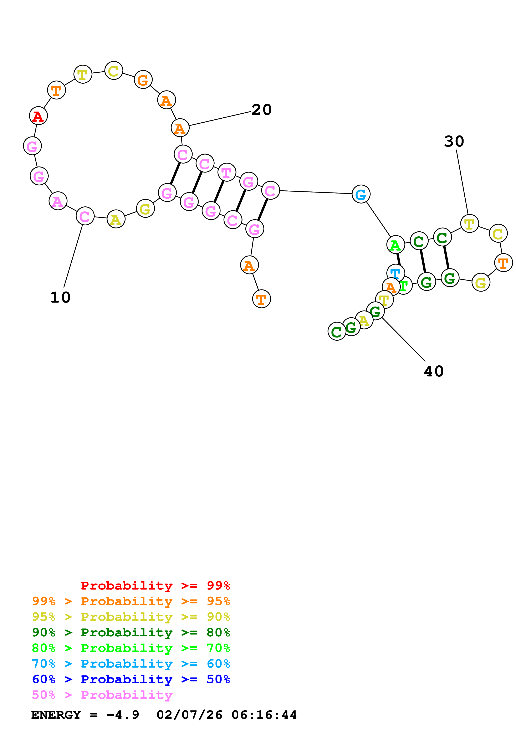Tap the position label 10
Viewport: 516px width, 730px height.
[60, 298]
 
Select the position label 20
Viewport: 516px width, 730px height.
[261, 110]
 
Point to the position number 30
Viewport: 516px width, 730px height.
[454, 142]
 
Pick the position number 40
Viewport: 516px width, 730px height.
[434, 371]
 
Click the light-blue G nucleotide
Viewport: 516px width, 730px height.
[361, 194]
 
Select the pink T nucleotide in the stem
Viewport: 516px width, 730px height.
[226, 173]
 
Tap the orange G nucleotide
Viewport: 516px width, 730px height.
[143, 80]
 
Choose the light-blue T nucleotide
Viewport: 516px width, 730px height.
[395, 273]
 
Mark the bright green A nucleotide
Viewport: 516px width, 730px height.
[395, 245]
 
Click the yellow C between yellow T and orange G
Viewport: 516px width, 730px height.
[113, 71]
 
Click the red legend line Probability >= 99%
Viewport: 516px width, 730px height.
[155, 586]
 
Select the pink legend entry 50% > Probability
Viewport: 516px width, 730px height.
[102, 695]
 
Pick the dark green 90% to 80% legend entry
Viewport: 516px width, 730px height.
[131, 633]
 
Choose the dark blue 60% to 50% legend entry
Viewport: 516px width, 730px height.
[131, 679]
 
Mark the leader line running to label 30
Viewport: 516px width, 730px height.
[462, 182]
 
